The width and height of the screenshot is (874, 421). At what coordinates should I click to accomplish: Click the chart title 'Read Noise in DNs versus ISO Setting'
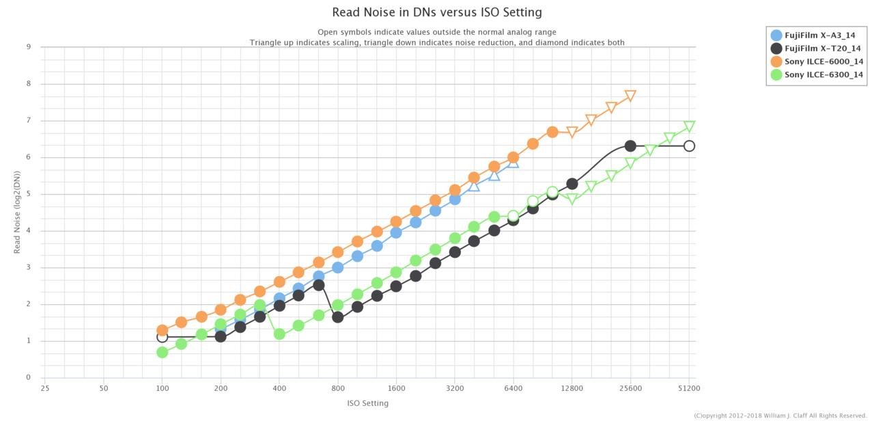coord(436,12)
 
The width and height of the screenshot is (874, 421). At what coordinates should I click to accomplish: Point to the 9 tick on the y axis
coord(28,47)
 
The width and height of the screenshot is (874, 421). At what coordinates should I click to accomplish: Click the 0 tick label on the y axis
coord(28,377)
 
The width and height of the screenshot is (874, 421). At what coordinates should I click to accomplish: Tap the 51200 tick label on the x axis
coord(689,388)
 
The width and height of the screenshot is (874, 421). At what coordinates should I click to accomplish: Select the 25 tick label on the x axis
coord(45,388)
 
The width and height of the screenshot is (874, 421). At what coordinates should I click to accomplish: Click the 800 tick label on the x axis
coord(338,388)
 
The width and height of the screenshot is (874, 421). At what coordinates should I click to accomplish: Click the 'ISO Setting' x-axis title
coord(367,403)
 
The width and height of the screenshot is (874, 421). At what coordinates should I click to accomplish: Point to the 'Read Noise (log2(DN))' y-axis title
coord(18,213)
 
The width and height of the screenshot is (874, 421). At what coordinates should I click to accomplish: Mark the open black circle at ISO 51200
coord(689,146)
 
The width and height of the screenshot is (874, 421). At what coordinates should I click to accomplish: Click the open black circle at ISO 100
coord(162,337)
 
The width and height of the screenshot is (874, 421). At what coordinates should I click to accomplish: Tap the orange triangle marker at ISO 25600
coord(630,96)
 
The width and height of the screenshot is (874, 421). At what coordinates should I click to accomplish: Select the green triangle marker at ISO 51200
coord(689,126)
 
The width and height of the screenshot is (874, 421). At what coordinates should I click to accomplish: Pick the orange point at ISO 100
coord(162,330)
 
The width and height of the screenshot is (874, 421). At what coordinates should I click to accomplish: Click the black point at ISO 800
coord(338,317)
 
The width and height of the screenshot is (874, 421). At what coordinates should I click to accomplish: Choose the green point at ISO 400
coord(279,334)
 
